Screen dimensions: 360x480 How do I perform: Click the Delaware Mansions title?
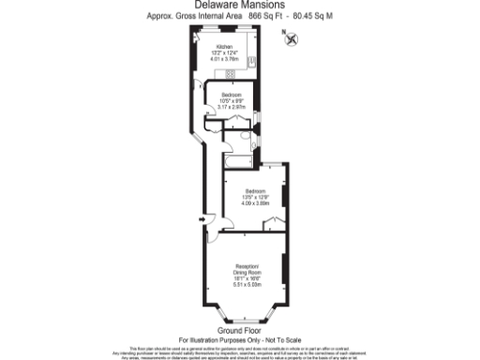coord(240,7)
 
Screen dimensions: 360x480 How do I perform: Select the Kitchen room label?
coord(224,45)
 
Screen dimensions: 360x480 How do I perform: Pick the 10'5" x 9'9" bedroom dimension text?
coord(231,100)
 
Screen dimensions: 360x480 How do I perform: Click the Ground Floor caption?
coord(239,331)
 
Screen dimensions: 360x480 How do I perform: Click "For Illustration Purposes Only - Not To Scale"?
coord(239,339)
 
